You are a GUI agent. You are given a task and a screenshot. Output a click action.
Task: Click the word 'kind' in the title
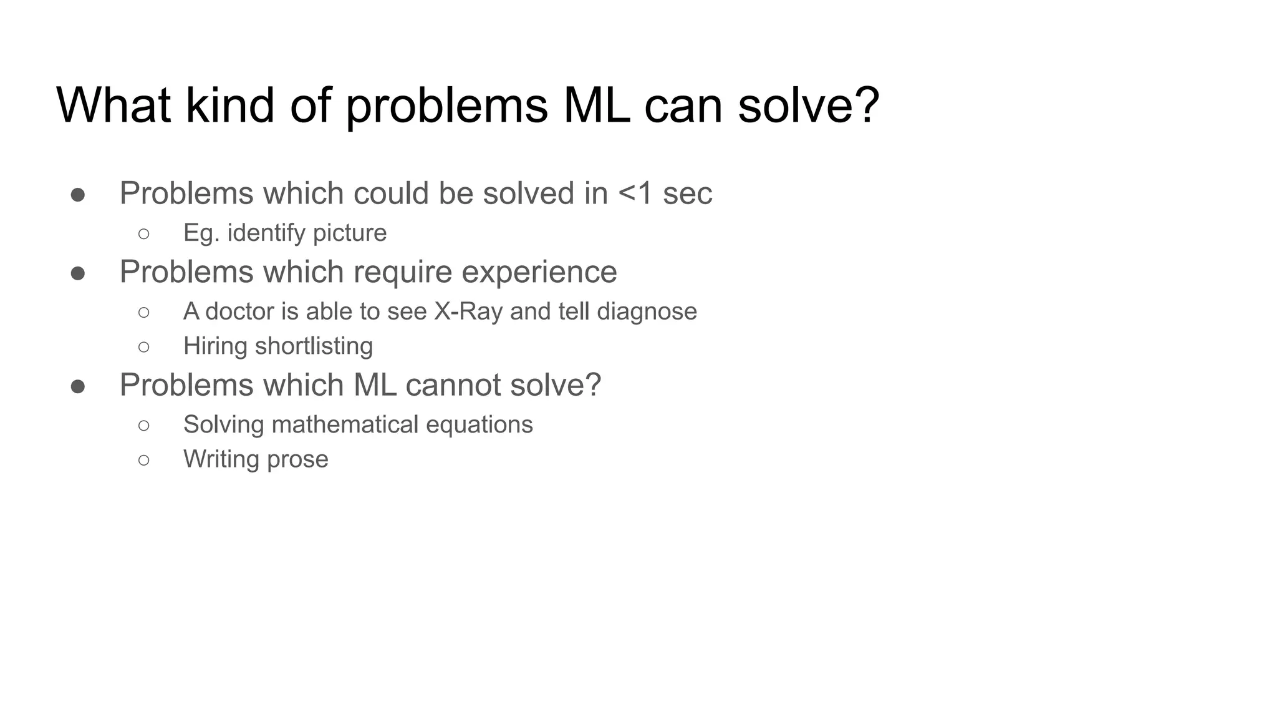click(x=229, y=105)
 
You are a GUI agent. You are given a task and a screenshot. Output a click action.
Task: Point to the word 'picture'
click(x=350, y=233)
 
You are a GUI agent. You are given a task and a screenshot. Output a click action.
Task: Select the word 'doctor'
click(x=239, y=311)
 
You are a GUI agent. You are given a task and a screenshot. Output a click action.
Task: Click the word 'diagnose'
click(x=647, y=311)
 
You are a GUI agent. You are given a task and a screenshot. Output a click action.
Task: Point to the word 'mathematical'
click(x=345, y=424)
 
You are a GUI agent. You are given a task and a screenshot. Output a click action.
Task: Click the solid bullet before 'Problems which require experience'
click(x=78, y=273)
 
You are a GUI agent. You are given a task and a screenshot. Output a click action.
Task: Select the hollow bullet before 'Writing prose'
click(x=144, y=460)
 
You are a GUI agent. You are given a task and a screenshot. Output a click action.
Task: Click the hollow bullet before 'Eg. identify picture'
click(x=144, y=233)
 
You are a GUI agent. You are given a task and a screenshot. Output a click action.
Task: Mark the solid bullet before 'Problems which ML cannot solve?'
click(x=78, y=386)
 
